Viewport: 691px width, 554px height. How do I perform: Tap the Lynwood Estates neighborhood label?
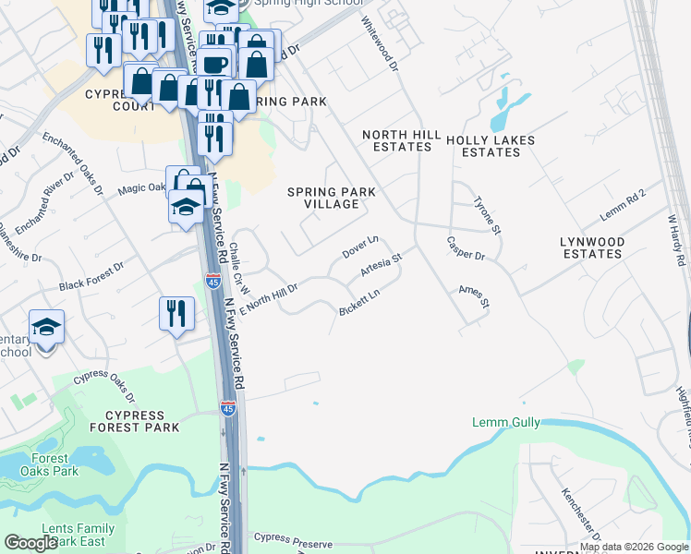pyautogui.click(x=592, y=247)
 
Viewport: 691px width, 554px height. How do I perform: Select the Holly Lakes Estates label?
pyautogui.click(x=491, y=146)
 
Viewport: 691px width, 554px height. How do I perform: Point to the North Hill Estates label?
pyautogui.click(x=402, y=140)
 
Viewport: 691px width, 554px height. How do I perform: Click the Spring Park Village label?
pyautogui.click(x=332, y=198)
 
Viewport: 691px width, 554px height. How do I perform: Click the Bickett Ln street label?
pyautogui.click(x=360, y=301)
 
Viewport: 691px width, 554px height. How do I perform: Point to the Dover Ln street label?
pyautogui.click(x=361, y=247)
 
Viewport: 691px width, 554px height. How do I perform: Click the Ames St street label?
pyautogui.click(x=473, y=296)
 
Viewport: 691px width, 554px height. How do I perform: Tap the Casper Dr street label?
pyautogui.click(x=466, y=247)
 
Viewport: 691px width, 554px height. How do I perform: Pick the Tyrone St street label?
pyautogui.click(x=487, y=215)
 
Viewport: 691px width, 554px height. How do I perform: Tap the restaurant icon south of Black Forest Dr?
pyautogui.click(x=176, y=314)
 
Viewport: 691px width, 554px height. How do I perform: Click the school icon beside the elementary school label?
pyautogui.click(x=46, y=327)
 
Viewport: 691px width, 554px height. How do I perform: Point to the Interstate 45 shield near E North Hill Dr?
pyautogui.click(x=212, y=282)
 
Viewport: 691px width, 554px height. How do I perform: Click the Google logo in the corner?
pyautogui.click(x=30, y=543)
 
